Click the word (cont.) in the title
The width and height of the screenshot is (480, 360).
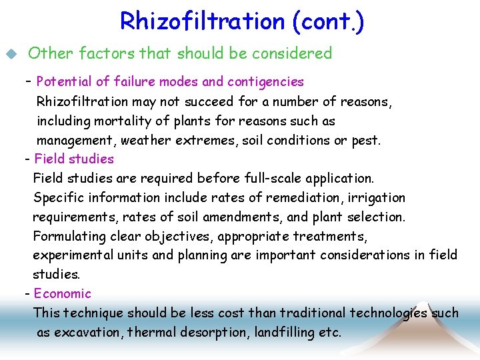(328, 21)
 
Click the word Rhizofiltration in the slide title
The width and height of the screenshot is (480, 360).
(203, 21)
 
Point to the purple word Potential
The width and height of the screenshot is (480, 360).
(64, 82)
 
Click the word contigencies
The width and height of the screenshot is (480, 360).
(265, 82)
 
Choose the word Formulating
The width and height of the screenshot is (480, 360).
(69, 237)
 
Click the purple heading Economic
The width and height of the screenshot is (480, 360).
(62, 293)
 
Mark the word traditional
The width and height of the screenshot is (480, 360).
(313, 313)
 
